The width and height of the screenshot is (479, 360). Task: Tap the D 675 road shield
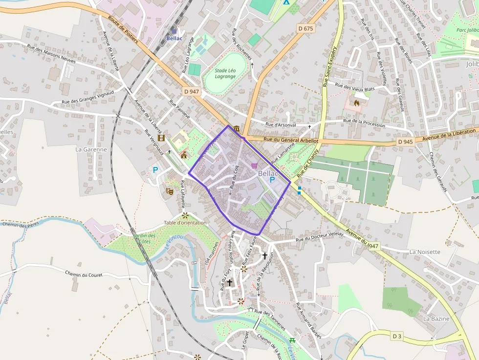305,29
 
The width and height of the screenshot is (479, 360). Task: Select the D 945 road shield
405,142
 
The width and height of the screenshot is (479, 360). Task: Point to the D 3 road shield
397,336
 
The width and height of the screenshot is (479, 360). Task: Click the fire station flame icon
356,103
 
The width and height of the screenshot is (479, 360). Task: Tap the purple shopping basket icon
254,166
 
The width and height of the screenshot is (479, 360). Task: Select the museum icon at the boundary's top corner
237,128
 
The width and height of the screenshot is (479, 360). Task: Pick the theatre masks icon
170,191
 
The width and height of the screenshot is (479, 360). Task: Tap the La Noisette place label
425,252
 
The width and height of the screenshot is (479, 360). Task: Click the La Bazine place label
436,318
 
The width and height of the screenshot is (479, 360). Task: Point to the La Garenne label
91,149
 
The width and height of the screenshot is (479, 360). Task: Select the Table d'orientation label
185,223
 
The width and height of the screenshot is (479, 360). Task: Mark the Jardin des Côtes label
145,238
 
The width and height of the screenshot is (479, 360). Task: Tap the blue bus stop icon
299,190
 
